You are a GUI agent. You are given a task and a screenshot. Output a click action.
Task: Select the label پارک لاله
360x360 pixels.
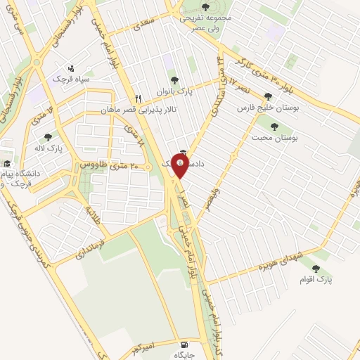[x=51, y=149]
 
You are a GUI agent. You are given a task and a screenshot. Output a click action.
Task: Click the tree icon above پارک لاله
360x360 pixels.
[x=48, y=138]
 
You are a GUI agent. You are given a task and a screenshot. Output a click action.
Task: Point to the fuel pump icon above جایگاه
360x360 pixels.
[x=184, y=345]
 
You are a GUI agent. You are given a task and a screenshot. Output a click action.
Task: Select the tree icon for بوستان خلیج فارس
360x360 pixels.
[x=267, y=97]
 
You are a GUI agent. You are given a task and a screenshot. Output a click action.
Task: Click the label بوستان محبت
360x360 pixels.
[x=280, y=139]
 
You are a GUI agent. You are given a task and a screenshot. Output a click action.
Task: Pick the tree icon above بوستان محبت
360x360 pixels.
[x=274, y=127]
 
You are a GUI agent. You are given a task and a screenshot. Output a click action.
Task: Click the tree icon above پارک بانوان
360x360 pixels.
[x=172, y=80]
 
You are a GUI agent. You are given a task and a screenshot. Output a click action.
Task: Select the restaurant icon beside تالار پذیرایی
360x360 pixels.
[x=139, y=99]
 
